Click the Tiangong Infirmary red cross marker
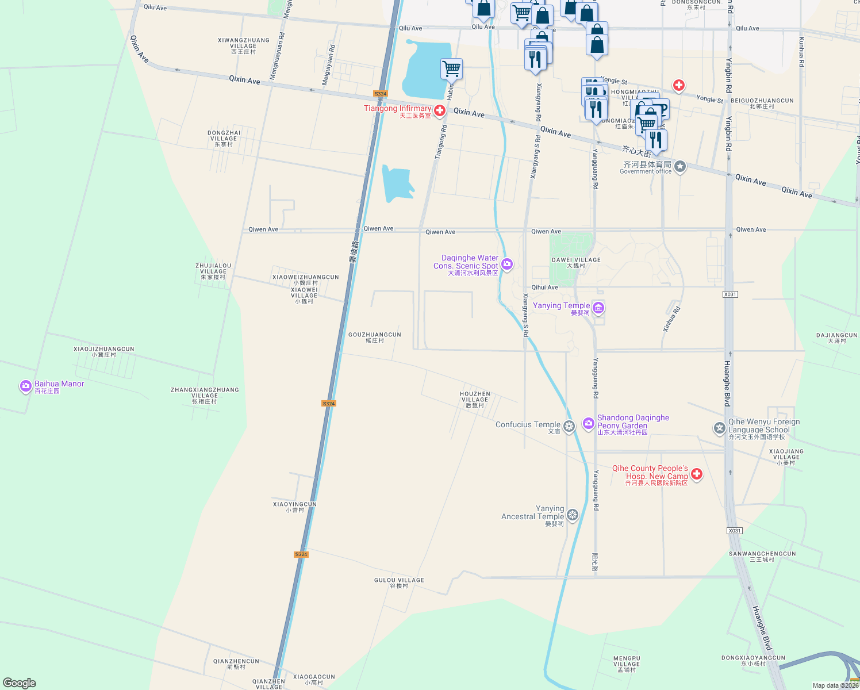pyautogui.click(x=440, y=110)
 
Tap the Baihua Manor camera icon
pyautogui.click(x=25, y=386)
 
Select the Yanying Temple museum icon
pyautogui.click(x=598, y=308)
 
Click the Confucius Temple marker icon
pyautogui.click(x=569, y=426)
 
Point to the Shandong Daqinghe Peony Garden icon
pyautogui.click(x=588, y=424)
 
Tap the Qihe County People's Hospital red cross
pyautogui.click(x=697, y=474)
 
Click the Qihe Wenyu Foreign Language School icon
pyautogui.click(x=719, y=428)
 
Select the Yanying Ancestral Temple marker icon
pyautogui.click(x=572, y=515)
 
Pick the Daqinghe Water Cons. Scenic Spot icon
pyautogui.click(x=507, y=264)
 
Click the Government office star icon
pyautogui.click(x=680, y=167)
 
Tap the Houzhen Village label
pyautogui.click(x=475, y=400)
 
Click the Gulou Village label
pyautogui.click(x=399, y=583)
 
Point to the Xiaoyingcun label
pyautogui.click(x=294, y=507)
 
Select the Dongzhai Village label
pyautogui.click(x=224, y=138)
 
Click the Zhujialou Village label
pyautogui.click(x=213, y=271)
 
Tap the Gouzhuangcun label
pyautogui.click(x=375, y=337)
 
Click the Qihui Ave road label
pyautogui.click(x=544, y=287)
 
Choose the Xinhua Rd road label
pyautogui.click(x=671, y=319)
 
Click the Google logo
pyautogui.click(x=20, y=683)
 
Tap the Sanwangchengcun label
pyautogui.click(x=762, y=556)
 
